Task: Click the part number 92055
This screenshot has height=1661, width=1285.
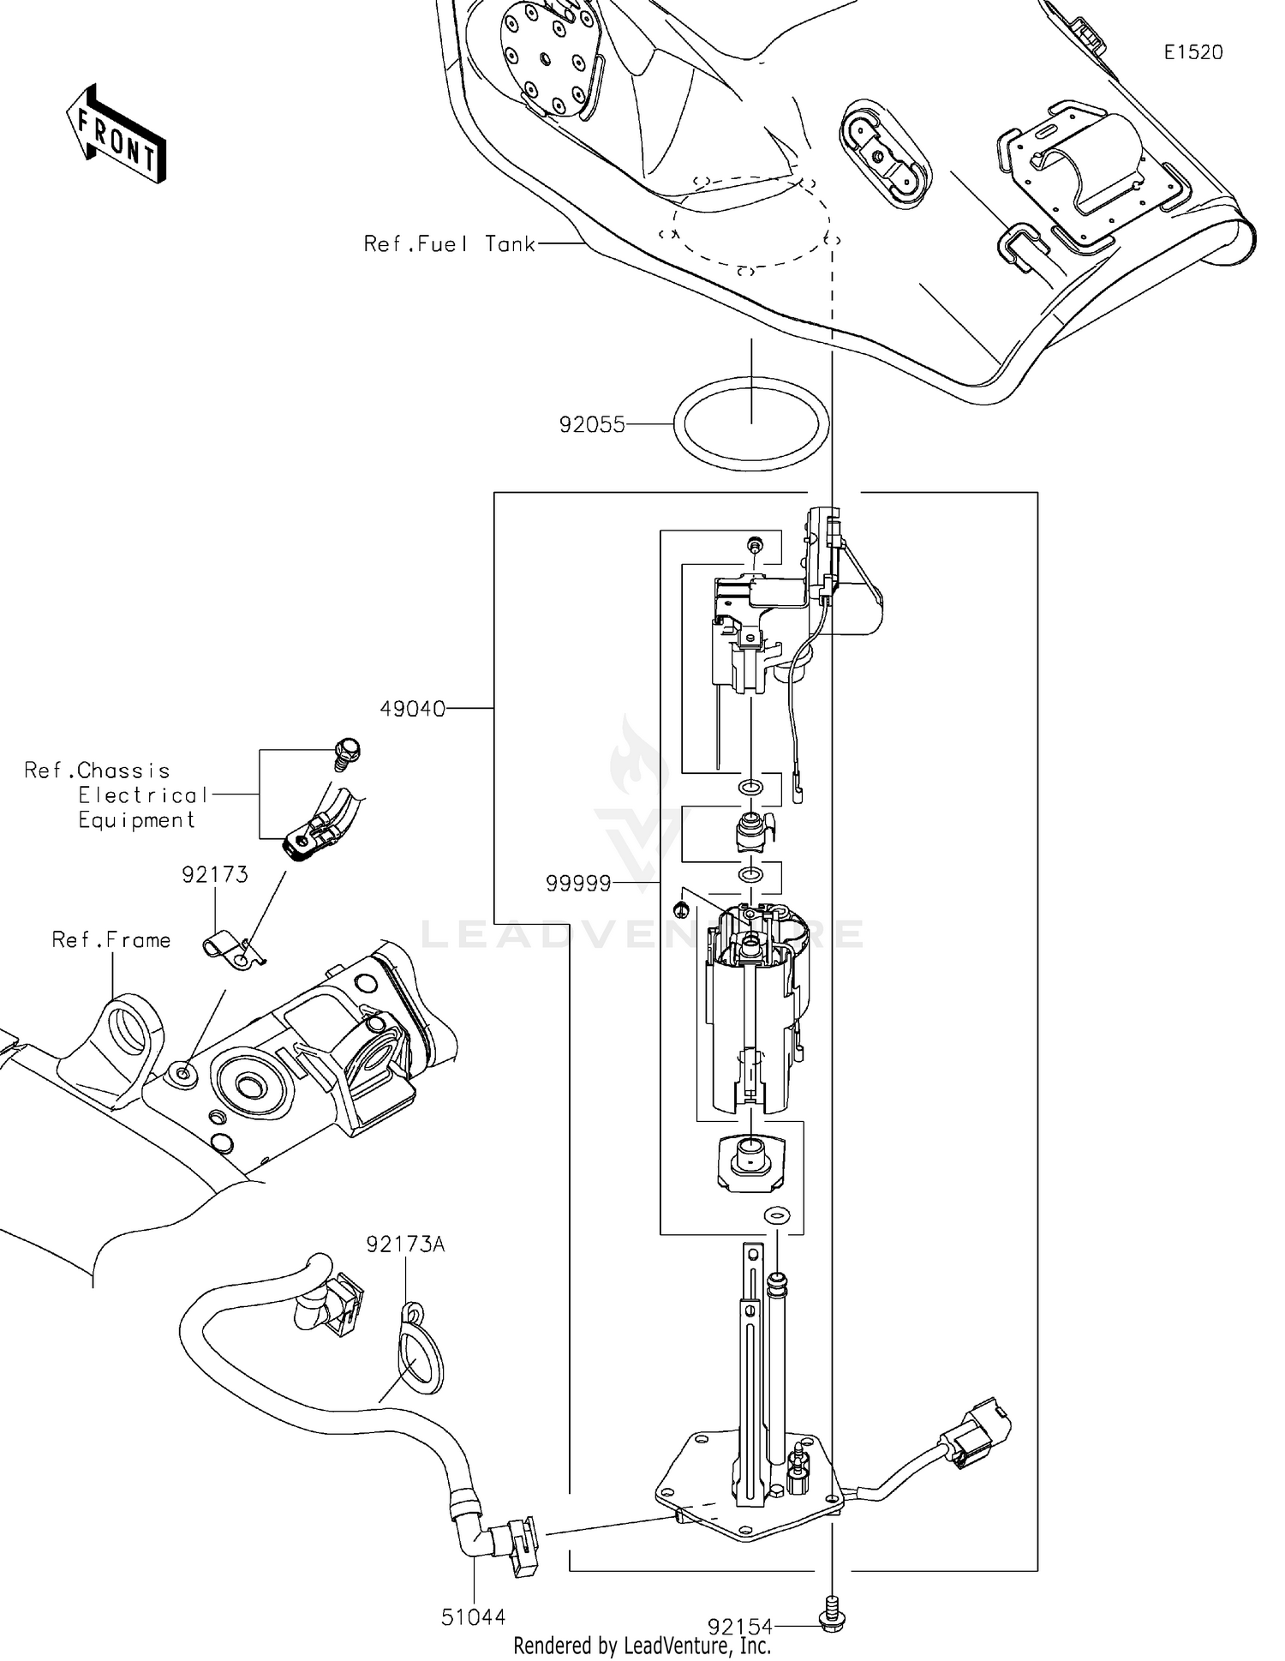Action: pyautogui.click(x=592, y=425)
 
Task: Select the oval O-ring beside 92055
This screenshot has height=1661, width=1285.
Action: pyautogui.click(x=750, y=424)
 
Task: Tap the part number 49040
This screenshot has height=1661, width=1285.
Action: pyautogui.click(x=413, y=709)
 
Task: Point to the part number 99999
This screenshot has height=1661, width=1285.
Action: pyautogui.click(x=579, y=884)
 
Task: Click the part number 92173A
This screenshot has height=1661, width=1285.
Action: pyautogui.click(x=405, y=1244)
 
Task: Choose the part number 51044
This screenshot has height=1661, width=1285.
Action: pyautogui.click(x=473, y=1617)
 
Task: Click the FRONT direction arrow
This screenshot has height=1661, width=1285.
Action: pyautogui.click(x=116, y=135)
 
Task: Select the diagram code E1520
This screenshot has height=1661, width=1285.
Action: pyautogui.click(x=1192, y=52)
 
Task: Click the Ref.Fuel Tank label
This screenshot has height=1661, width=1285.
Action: pyautogui.click(x=449, y=244)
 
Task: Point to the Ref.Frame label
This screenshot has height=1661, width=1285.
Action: pyautogui.click(x=111, y=940)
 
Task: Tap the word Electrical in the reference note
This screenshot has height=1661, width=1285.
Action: pyautogui.click(x=143, y=795)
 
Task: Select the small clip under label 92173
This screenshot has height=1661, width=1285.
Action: pyautogui.click(x=235, y=952)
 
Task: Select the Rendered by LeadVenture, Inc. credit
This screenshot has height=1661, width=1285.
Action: pyautogui.click(x=642, y=1646)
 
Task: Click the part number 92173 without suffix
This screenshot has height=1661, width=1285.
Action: pyautogui.click(x=214, y=875)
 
